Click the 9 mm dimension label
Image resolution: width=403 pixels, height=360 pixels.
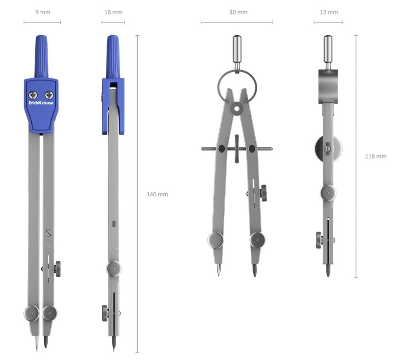[x=43, y=12]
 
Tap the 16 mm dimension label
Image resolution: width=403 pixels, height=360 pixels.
[x=113, y=12]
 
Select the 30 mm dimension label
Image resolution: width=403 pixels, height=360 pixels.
[x=238, y=12]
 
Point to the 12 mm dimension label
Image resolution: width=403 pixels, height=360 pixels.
[x=329, y=12]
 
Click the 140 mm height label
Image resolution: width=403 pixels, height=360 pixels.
[x=157, y=194]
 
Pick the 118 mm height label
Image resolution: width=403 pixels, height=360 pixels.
[x=376, y=156]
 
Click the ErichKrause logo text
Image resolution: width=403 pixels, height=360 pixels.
[x=41, y=103]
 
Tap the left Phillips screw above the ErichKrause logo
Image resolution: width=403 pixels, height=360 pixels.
[x=33, y=95]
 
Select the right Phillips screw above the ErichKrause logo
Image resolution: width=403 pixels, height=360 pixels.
[x=49, y=95]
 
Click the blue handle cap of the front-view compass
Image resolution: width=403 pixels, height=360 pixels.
[x=42, y=57]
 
